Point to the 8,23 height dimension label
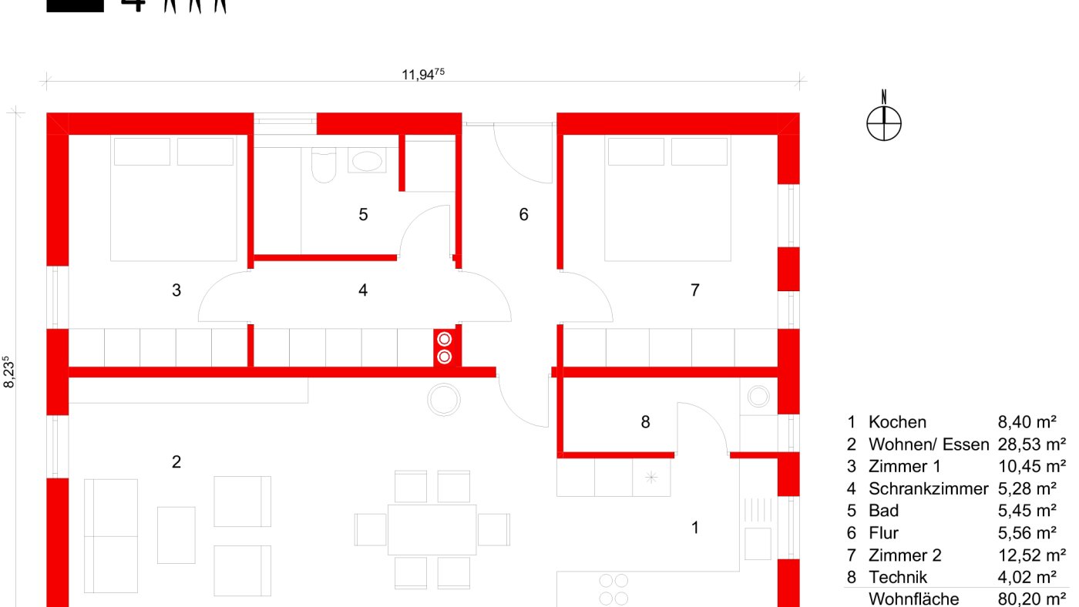point(8,371)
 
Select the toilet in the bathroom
point(324,165)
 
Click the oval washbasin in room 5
point(367,161)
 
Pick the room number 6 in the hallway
point(523,214)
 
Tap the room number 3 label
point(176,290)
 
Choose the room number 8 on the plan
point(646,422)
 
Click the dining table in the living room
point(432,529)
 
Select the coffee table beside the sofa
point(176,535)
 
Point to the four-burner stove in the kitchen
point(613,589)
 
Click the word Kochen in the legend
point(897,422)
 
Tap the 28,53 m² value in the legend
point(1032,444)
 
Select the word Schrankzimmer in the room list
point(928,488)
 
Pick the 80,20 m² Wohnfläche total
point(1032,599)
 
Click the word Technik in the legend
point(898,577)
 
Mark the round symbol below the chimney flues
point(444,400)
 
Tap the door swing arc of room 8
point(709,417)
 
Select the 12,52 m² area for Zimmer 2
point(1032,555)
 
